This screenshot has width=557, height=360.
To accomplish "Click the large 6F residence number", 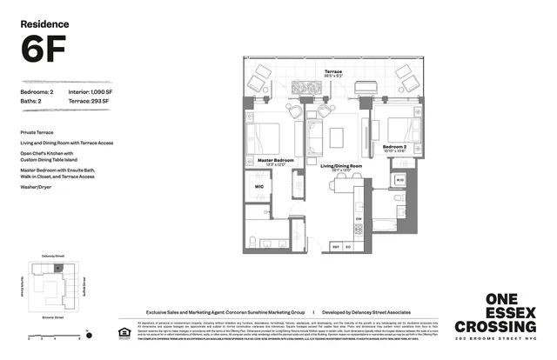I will click(x=42, y=52).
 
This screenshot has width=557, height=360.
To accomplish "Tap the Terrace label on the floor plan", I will click(x=333, y=72).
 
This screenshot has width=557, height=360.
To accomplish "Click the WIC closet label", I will click(x=258, y=186).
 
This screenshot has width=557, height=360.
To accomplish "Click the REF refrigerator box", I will click(x=335, y=248).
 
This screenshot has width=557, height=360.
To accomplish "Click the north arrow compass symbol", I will click(x=89, y=332).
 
